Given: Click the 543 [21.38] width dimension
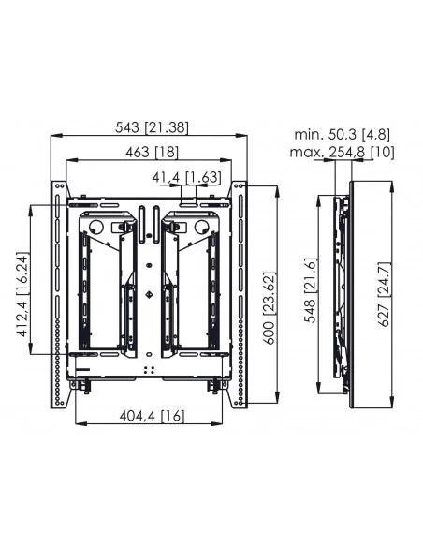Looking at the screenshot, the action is (152, 127).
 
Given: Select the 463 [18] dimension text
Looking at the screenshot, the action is (152, 152).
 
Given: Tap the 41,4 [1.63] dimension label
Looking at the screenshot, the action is (186, 178).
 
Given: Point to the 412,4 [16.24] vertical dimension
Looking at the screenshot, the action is (22, 294).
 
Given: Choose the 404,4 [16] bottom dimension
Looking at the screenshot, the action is (152, 416).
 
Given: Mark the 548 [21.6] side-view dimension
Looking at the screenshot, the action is (311, 290).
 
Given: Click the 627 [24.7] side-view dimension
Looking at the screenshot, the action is (385, 294).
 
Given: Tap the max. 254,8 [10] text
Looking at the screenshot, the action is (342, 153).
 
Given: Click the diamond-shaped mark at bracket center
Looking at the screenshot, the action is (149, 294).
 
